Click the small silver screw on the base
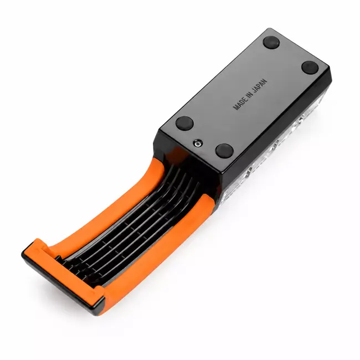pyautogui.click(x=198, y=144)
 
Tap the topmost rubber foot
pyautogui.click(x=271, y=42)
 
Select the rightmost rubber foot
pyautogui.click(x=310, y=67)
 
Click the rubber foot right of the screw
pyautogui.click(x=224, y=151)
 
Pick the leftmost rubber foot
pyautogui.click(x=184, y=122)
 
